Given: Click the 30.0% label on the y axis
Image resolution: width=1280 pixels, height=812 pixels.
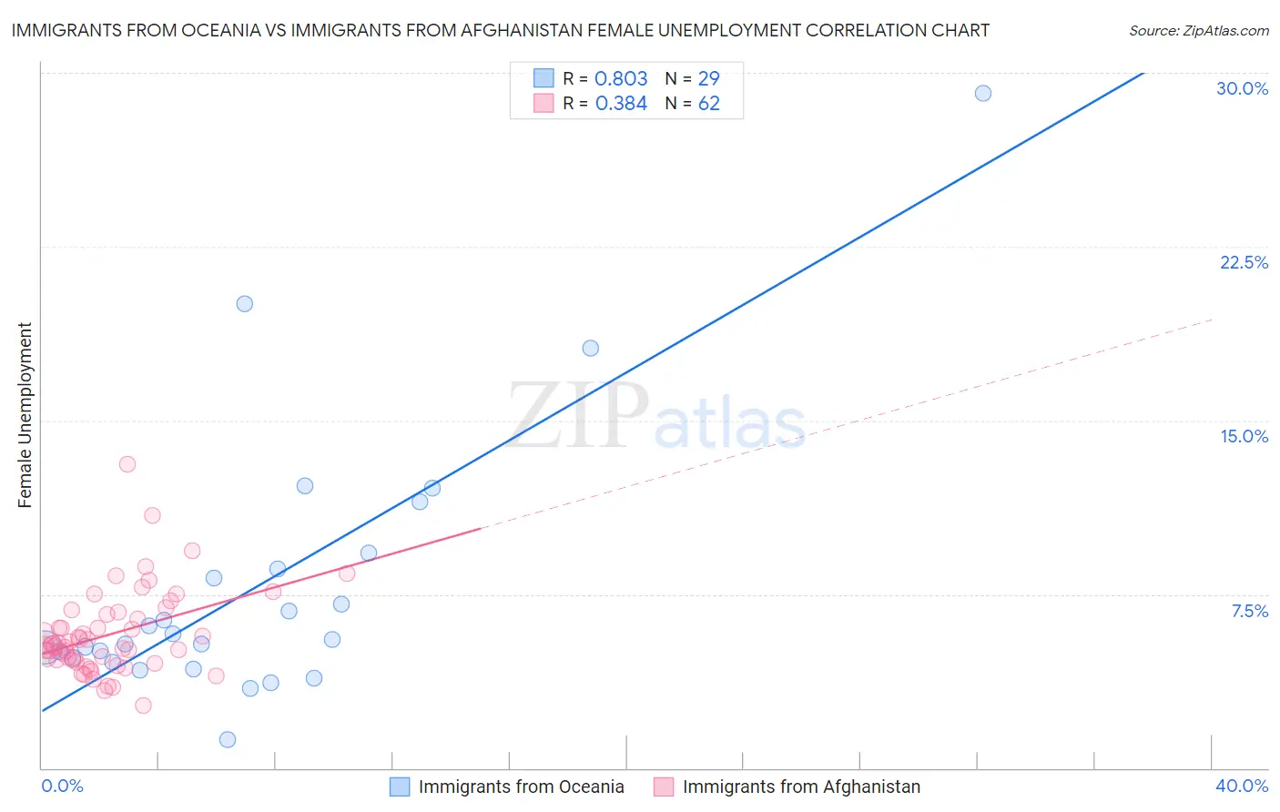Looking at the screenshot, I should coord(1242,88).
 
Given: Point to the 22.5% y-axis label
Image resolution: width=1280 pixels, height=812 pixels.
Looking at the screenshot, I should coord(1244,262).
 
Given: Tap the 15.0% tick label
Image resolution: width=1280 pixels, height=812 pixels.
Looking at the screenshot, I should coord(1244,436).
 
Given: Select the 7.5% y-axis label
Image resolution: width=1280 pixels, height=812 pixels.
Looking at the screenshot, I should coord(1249,611).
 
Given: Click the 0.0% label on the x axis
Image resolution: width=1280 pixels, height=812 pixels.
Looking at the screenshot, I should coord(62,786).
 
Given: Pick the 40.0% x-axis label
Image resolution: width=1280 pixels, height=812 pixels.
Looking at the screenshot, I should coord(1242,786).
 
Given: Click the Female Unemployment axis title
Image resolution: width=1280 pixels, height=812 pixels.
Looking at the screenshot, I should coord(25,415).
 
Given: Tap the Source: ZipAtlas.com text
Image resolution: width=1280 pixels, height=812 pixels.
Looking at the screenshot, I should coord(1198,31).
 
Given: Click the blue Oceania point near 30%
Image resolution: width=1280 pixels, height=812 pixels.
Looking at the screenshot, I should coord(983,93).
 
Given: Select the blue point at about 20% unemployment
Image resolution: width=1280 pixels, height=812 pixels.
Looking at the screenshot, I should coord(245,304).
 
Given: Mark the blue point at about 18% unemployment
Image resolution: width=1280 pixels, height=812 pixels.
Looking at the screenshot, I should coord(591,348).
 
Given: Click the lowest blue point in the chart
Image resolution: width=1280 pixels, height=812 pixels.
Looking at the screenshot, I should coord(228,739).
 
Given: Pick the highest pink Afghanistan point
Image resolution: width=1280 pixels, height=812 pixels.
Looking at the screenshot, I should coord(127,464).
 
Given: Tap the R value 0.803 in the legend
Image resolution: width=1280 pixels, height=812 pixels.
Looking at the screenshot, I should coord(621,79).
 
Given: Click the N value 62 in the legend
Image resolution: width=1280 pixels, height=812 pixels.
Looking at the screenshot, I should coord(708,104).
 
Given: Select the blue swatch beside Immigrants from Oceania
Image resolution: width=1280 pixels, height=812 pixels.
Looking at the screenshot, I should coord(400,787).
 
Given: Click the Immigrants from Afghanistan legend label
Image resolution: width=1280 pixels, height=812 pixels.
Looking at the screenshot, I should coord(801,787).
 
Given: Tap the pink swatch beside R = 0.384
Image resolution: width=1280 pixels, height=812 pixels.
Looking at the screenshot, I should coord(543,103).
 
